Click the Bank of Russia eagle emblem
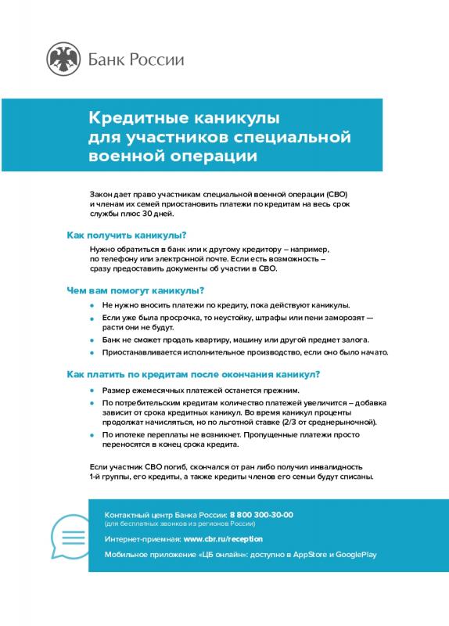63,59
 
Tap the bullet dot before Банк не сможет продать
92,340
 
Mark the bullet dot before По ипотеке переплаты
92,434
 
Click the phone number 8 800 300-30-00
261,514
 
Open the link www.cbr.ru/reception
223,539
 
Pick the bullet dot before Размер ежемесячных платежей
92,390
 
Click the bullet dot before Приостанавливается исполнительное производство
92,354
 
